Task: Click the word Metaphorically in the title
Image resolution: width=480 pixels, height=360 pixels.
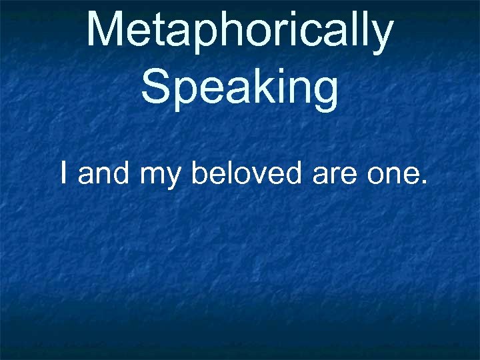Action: [240, 30]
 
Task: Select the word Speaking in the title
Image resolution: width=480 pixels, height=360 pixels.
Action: [240, 88]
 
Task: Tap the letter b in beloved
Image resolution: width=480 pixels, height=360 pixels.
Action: [198, 173]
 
